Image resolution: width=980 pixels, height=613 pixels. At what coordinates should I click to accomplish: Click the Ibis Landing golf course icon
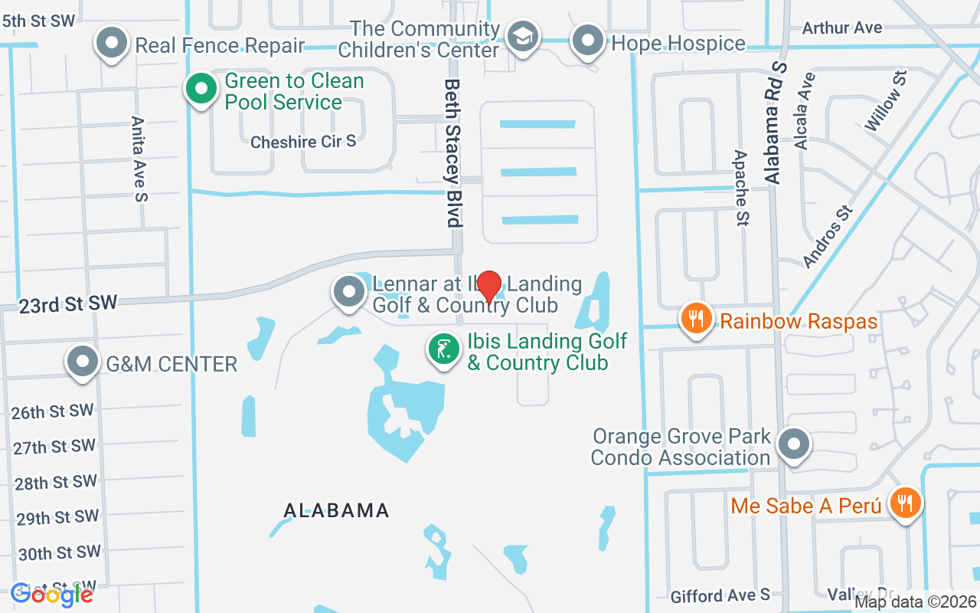[x=443, y=349]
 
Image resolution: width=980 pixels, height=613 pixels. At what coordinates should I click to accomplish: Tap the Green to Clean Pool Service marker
[x=201, y=89]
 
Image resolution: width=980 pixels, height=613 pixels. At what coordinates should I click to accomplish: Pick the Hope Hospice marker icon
[x=588, y=40]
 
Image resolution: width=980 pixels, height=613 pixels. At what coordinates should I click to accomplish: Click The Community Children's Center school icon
[x=524, y=36]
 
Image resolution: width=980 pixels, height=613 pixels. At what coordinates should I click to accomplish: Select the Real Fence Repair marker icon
[x=112, y=43]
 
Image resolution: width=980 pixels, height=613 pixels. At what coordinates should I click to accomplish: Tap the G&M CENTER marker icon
[x=83, y=362]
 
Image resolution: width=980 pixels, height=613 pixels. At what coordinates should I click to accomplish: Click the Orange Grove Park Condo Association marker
[x=793, y=444]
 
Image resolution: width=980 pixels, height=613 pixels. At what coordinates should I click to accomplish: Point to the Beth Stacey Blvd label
[x=454, y=152]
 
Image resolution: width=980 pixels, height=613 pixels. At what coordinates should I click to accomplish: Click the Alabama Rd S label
[x=775, y=122]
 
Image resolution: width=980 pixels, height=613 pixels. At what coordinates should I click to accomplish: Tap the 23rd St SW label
[x=68, y=304]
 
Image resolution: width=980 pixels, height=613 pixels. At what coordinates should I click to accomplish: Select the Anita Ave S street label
[x=139, y=159]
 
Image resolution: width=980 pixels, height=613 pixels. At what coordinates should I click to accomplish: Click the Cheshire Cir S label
[x=303, y=142]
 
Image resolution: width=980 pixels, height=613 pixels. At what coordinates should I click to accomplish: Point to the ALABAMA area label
[x=336, y=510]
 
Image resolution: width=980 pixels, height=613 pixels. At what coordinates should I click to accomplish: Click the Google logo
[x=52, y=594]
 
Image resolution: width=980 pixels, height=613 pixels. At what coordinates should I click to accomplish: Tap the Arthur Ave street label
[x=842, y=28]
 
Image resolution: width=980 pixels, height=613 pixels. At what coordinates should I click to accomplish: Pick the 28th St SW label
[x=56, y=483]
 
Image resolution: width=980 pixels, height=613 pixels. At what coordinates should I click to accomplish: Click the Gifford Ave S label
[x=720, y=595]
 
